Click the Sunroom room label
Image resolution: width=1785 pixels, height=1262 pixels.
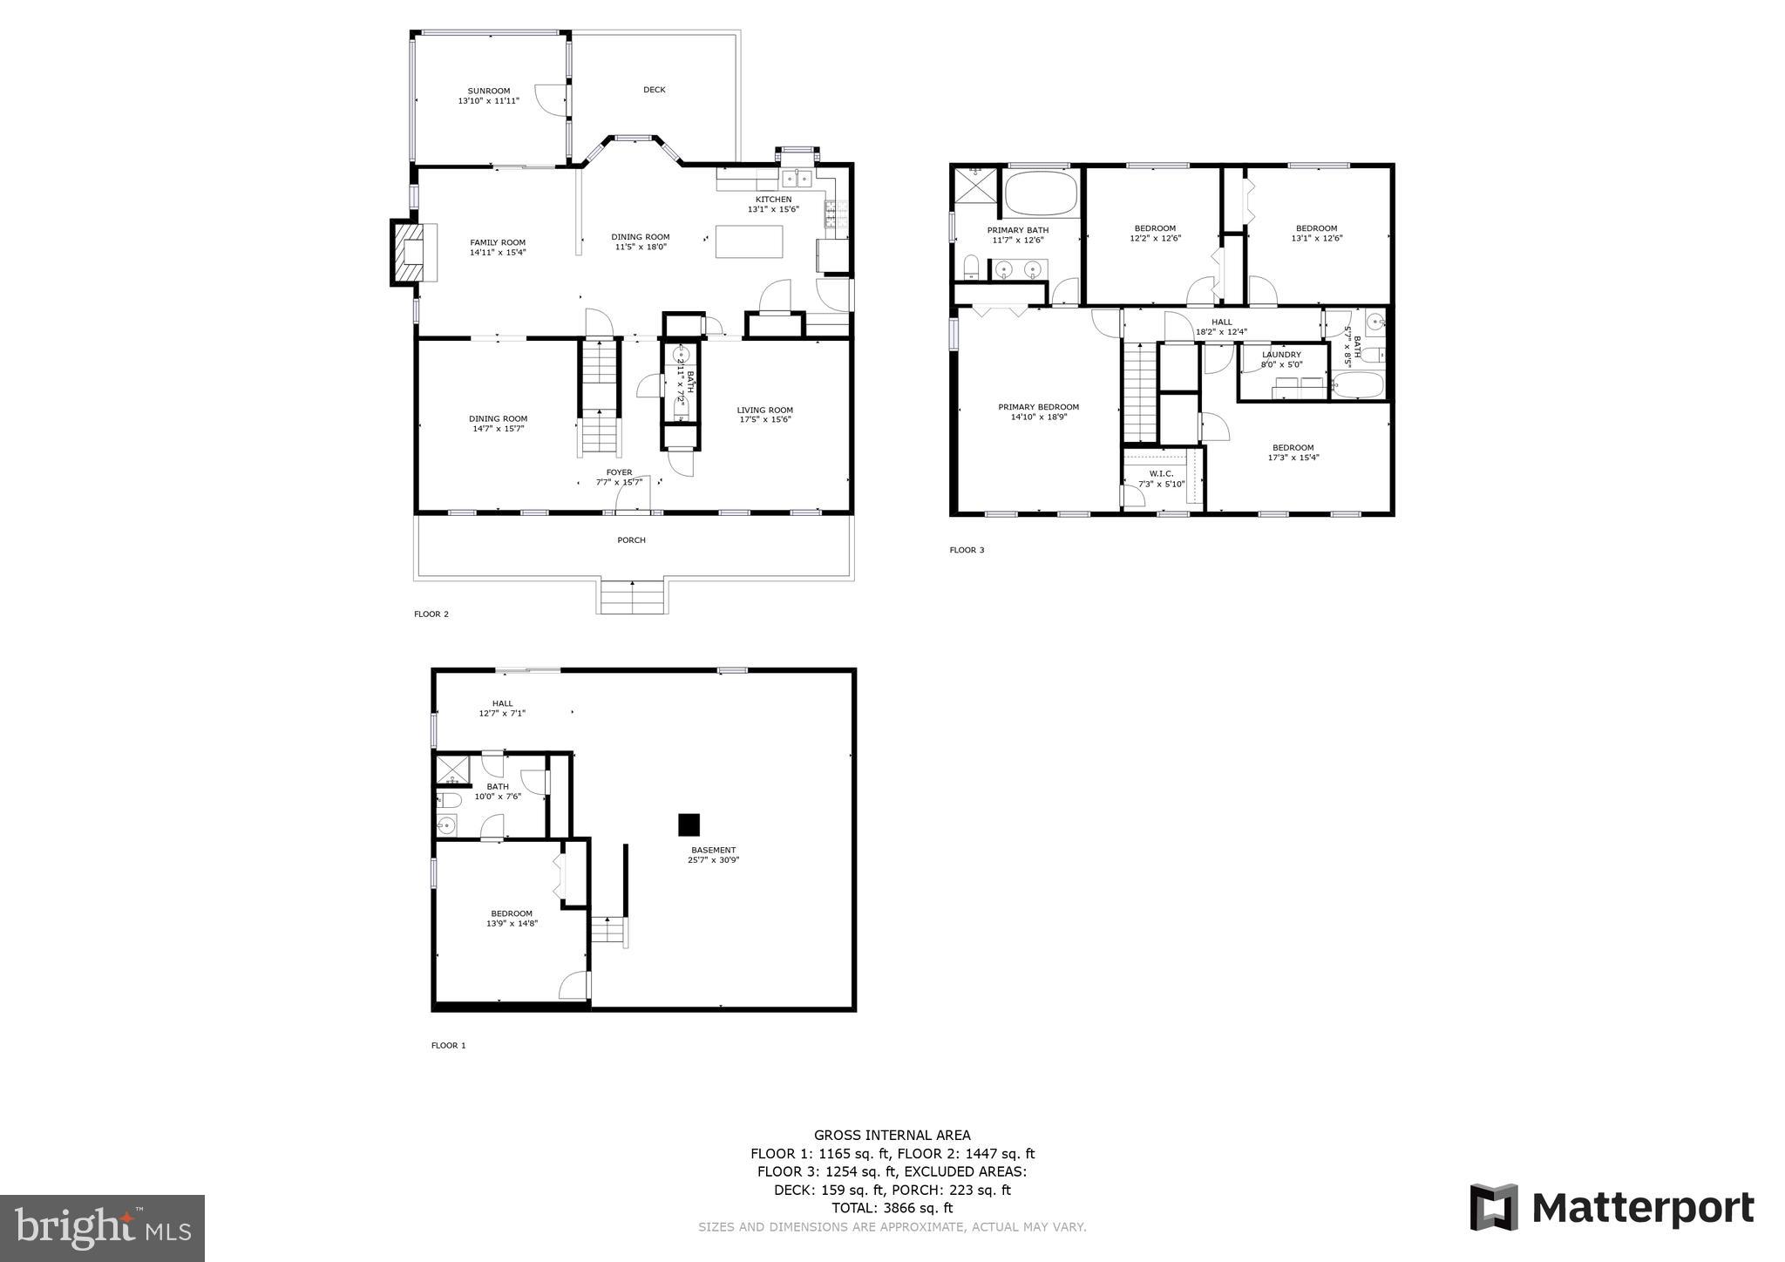[x=488, y=91]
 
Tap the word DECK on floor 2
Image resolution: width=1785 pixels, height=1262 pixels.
[x=654, y=90]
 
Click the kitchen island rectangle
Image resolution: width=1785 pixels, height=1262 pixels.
[x=749, y=241]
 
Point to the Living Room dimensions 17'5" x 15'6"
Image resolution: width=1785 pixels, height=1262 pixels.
[x=764, y=419]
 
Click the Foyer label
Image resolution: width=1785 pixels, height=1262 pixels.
[x=619, y=472]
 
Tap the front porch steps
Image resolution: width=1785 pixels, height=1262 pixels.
[x=631, y=597]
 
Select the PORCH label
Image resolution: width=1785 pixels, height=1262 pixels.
[x=631, y=540]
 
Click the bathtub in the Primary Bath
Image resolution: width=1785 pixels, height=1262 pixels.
[x=1041, y=193]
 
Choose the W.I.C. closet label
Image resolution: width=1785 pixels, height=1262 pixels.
[x=1161, y=473]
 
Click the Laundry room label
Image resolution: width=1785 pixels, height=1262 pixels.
[x=1281, y=355]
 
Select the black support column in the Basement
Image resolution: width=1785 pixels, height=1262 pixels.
[x=689, y=824]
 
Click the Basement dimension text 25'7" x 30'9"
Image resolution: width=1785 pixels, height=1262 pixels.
[x=713, y=860]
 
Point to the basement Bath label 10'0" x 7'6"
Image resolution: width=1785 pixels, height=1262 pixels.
[x=498, y=791]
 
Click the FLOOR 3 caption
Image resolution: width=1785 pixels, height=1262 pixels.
[x=967, y=550]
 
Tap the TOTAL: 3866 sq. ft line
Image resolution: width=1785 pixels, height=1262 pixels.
[x=892, y=1208]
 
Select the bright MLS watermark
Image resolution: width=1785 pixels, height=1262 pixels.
[x=102, y=1228]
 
